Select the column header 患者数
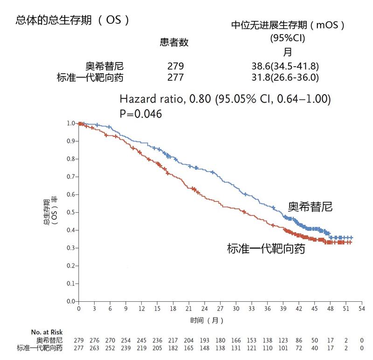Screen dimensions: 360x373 pyautogui.click(x=174, y=42)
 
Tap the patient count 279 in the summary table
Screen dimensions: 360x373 pyautogui.click(x=175, y=66)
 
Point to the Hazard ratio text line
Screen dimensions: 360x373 pyautogui.click(x=225, y=99)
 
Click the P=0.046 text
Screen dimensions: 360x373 pyautogui.click(x=141, y=113)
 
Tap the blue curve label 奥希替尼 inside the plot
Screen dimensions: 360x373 pyautogui.click(x=310, y=207)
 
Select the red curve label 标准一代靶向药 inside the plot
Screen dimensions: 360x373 pyautogui.click(x=266, y=249)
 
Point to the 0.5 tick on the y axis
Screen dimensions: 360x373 pyautogui.click(x=71, y=212)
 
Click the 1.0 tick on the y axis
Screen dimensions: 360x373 pyautogui.click(x=71, y=123)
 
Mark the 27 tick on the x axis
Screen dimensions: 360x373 pyautogui.click(x=221, y=309)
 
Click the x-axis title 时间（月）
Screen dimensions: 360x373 pyautogui.click(x=207, y=321)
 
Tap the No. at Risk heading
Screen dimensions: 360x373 pyautogui.click(x=47, y=332)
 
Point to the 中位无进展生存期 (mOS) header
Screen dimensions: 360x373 pyautogui.click(x=288, y=25)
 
